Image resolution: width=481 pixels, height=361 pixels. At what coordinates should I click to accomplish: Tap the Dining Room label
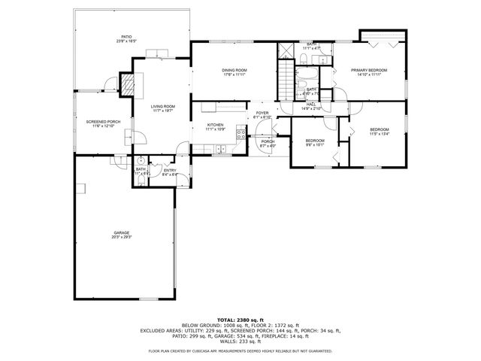pyautogui.click(x=234, y=71)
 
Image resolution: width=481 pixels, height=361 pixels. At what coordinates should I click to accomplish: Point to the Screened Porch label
pyautogui.click(x=103, y=122)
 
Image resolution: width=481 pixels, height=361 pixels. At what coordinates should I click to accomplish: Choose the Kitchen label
pyautogui.click(x=216, y=125)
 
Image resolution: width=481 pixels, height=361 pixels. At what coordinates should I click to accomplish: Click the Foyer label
pyautogui.click(x=262, y=114)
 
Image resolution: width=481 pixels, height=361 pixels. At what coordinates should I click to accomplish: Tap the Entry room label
pyautogui.click(x=171, y=171)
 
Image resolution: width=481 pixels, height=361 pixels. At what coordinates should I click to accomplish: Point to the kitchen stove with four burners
pyautogui.click(x=241, y=136)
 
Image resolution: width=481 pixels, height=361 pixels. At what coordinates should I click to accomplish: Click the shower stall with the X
pyautogui.click(x=286, y=51)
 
